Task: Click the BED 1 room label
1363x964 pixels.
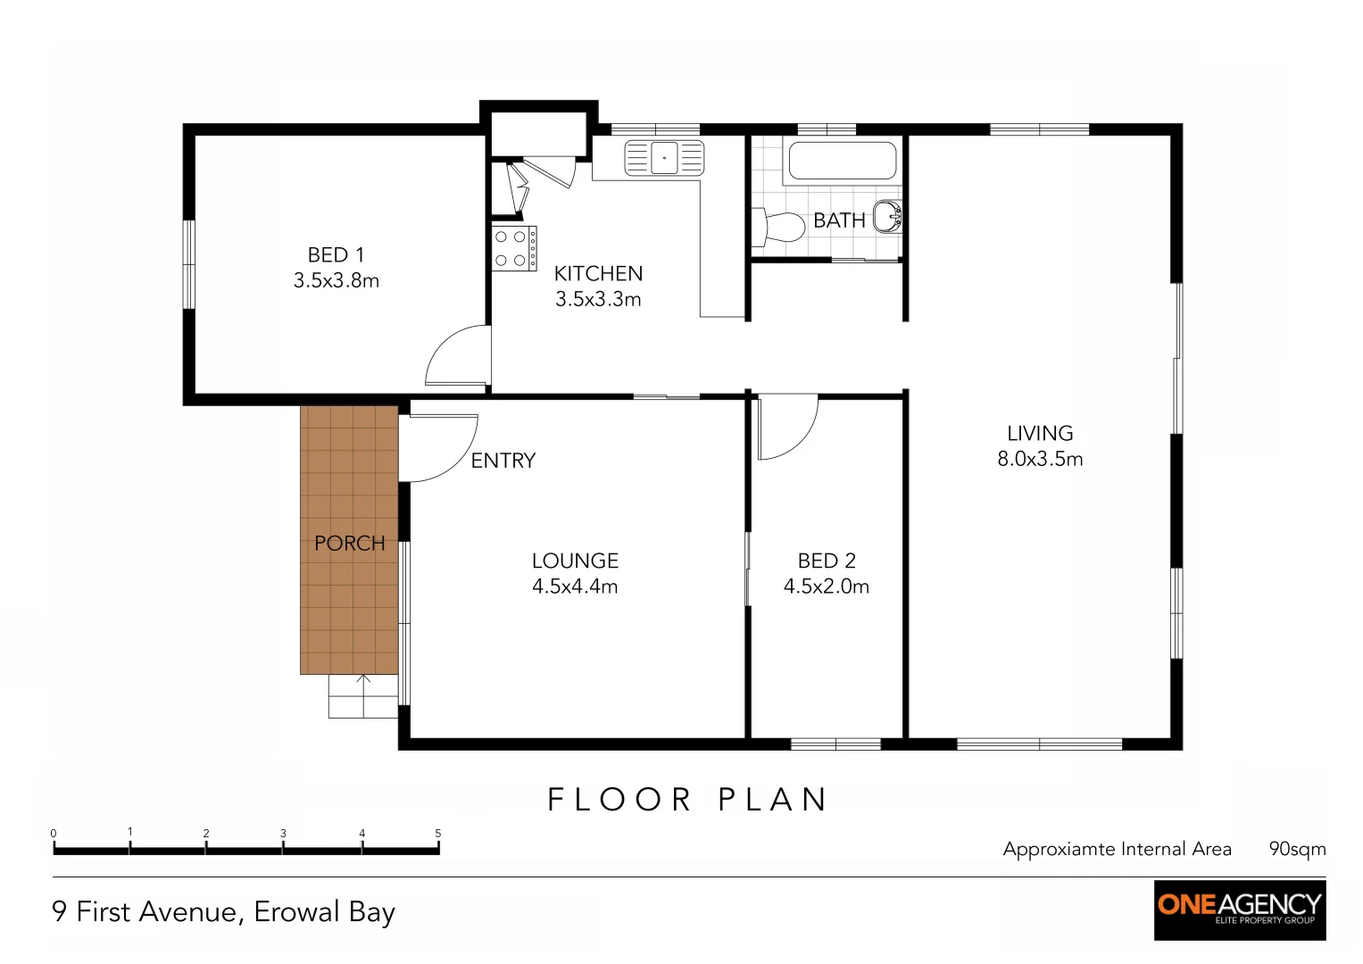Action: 336,254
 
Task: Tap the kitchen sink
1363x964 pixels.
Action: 664,158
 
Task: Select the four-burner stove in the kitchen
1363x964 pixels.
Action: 514,248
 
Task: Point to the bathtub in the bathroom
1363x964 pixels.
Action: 842,161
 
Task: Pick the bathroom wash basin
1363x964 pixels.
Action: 888,217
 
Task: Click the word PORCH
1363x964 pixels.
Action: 349,543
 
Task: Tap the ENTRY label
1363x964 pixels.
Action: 503,461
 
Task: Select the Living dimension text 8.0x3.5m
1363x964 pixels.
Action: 1040,459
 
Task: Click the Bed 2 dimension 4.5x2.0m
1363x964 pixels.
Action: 827,586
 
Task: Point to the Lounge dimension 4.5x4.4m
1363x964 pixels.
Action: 575,586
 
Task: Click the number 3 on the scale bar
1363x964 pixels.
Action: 283,833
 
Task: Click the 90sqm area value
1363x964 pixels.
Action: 1297,849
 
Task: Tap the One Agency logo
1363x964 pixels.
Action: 1240,910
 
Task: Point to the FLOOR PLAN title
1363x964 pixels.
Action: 687,800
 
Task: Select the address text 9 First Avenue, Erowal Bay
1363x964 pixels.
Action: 224,912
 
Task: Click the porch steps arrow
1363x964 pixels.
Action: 363,696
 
